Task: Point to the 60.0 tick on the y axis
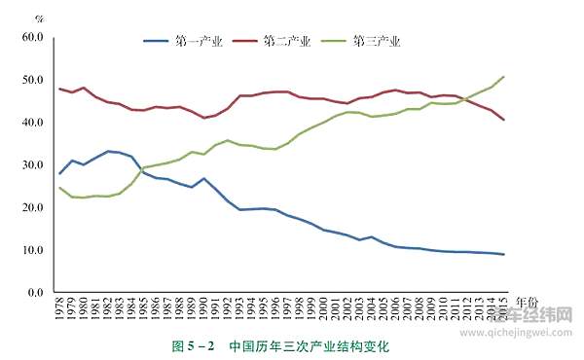click(x=32, y=37)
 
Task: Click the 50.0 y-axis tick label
click(x=32, y=80)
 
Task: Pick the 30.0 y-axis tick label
click(x=32, y=164)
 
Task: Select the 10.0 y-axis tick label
click(x=32, y=250)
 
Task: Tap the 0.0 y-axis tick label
click(x=34, y=292)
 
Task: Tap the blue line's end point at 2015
click(x=503, y=255)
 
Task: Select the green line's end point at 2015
click(x=503, y=77)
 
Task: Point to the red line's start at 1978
click(x=60, y=89)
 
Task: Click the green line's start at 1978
click(x=60, y=188)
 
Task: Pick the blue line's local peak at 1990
click(x=203, y=178)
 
